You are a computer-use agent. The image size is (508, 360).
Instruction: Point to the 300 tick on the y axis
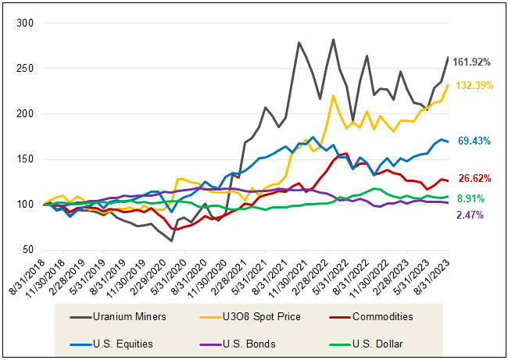(x=26, y=23)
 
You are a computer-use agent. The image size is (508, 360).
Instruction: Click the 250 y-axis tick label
(x=26, y=69)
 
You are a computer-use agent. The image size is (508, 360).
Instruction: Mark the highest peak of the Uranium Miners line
(x=334, y=39)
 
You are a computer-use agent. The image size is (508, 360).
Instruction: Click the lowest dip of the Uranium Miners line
(x=171, y=241)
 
